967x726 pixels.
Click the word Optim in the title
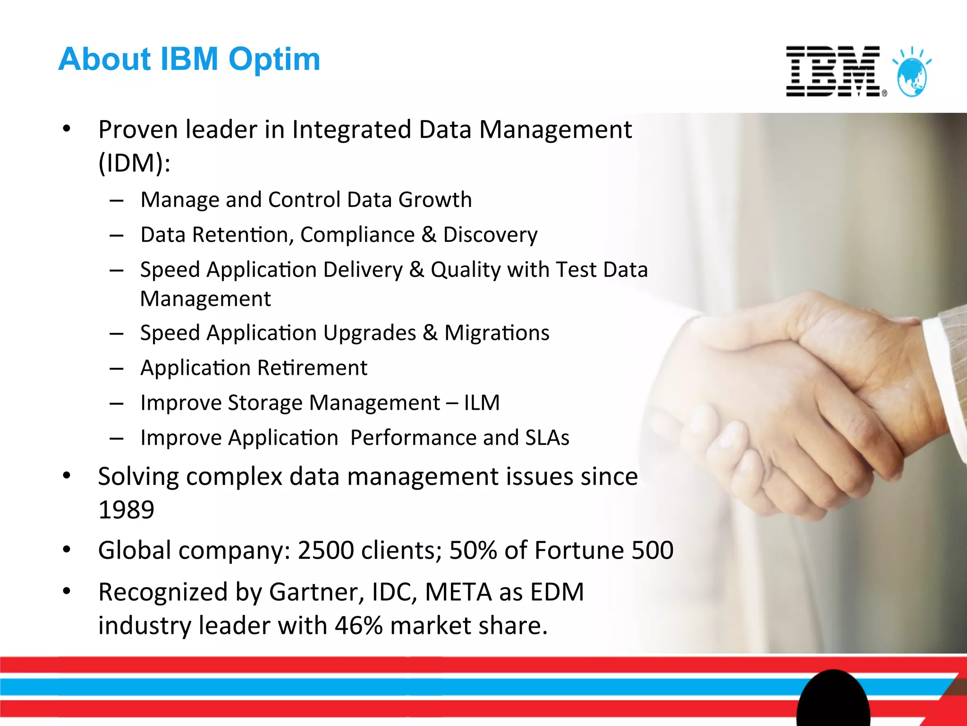click(x=274, y=60)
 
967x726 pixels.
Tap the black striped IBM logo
click(x=833, y=71)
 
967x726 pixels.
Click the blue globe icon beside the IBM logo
click(x=912, y=76)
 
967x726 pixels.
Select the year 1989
click(x=126, y=510)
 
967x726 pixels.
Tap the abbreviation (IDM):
click(x=134, y=164)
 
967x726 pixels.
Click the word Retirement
click(x=312, y=368)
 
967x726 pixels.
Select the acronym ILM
click(x=482, y=403)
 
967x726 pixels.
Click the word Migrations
click(x=497, y=333)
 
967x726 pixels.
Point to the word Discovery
click(x=490, y=235)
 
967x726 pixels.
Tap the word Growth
click(x=435, y=200)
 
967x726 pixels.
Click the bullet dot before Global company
click(x=67, y=550)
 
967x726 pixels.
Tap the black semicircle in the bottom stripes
click(x=833, y=700)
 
